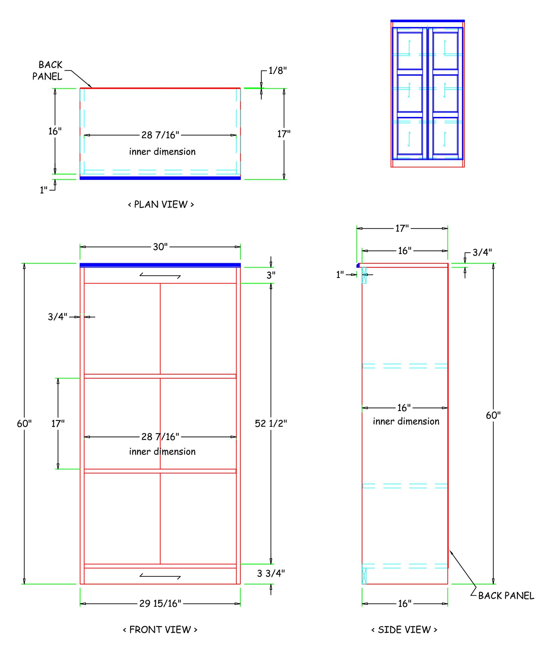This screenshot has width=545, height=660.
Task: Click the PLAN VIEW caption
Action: (161, 205)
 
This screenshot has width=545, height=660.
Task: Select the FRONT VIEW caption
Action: (160, 630)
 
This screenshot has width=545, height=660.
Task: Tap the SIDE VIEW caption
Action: (404, 630)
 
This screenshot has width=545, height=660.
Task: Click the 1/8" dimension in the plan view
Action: (277, 70)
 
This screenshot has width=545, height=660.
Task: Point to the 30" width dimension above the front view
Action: (160, 247)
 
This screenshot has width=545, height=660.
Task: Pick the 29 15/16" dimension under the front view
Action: (160, 604)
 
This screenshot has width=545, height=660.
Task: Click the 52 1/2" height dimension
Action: (271, 423)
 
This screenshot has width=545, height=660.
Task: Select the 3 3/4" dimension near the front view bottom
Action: (271, 574)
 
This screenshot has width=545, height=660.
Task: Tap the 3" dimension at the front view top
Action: (271, 275)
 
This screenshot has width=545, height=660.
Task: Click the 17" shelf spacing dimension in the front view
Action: (58, 423)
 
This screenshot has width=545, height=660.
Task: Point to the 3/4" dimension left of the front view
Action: (57, 317)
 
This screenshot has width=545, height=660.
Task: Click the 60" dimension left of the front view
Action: (24, 423)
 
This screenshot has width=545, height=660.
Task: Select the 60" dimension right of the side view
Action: (493, 415)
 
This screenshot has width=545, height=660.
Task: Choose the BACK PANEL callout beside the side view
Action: (506, 596)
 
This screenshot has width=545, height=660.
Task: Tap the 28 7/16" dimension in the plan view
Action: (160, 135)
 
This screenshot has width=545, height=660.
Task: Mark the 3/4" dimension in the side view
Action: (482, 252)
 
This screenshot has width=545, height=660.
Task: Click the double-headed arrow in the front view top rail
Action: (160, 275)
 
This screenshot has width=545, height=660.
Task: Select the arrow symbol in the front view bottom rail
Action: (160, 576)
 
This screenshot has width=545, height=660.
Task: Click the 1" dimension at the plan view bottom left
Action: (44, 190)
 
